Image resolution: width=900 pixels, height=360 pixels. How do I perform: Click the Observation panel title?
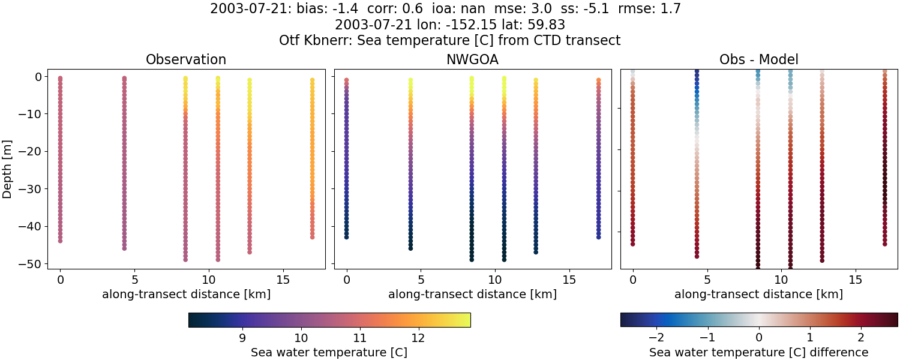(186, 59)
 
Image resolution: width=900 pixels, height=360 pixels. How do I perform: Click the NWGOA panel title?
(472, 59)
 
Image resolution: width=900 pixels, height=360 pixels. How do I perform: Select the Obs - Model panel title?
(758, 59)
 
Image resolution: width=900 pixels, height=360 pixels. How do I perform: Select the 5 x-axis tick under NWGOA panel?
(421, 280)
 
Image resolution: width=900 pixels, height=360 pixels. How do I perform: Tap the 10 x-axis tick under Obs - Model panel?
(781, 280)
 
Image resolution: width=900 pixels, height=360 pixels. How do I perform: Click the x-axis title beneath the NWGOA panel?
(472, 295)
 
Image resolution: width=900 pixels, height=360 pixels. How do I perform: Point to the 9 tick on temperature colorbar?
(242, 338)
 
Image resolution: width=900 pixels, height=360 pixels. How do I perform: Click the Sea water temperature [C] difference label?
(758, 352)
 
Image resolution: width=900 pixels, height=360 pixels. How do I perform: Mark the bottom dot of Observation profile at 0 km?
(60, 241)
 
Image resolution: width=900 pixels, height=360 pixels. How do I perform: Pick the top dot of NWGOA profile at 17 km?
(599, 80)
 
